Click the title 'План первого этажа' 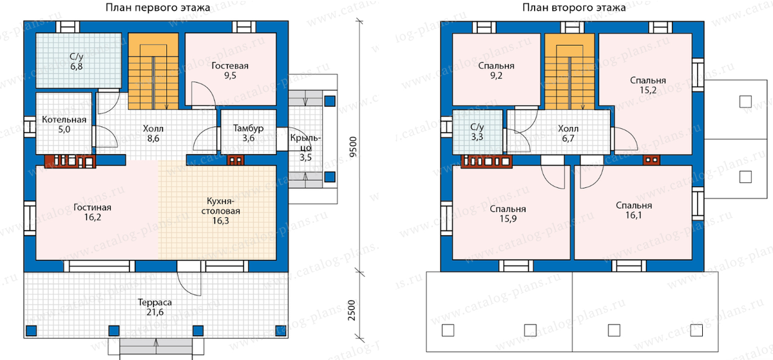pyautogui.click(x=158, y=8)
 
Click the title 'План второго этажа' pyautogui.click(x=573, y=8)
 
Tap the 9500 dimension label pyautogui.click(x=353, y=147)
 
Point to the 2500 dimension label pyautogui.click(x=352, y=310)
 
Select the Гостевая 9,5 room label pyautogui.click(x=230, y=70)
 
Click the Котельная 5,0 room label pyautogui.click(x=64, y=124)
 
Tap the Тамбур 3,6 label pyautogui.click(x=249, y=133)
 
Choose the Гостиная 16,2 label pyautogui.click(x=93, y=213)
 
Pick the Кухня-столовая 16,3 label pyautogui.click(x=221, y=211)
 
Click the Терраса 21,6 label pyautogui.click(x=155, y=307)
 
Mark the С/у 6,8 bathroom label pyautogui.click(x=77, y=61)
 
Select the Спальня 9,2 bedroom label pyautogui.click(x=496, y=70)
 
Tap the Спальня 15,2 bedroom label pyautogui.click(x=648, y=85)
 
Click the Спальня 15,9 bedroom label pyautogui.click(x=508, y=214)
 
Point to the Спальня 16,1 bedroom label pyautogui.click(x=634, y=210)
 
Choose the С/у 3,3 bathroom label pyautogui.click(x=477, y=132)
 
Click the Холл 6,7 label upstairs pyautogui.click(x=568, y=133)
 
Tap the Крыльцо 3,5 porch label pyautogui.click(x=305, y=147)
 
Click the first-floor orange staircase pyautogui.click(x=153, y=71)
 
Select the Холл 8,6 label pyautogui.click(x=153, y=133)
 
